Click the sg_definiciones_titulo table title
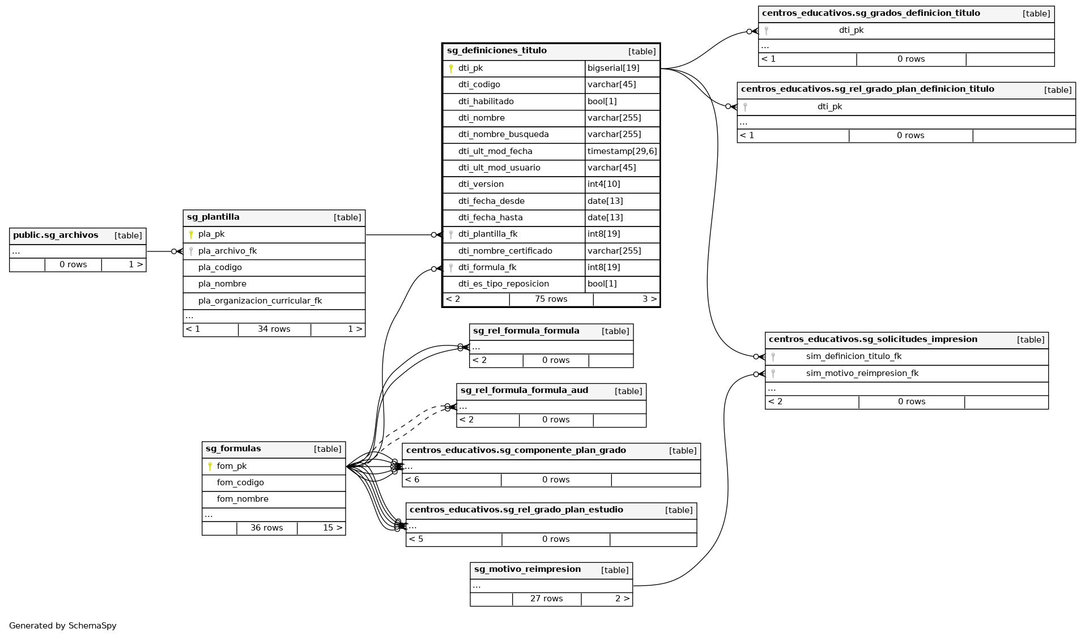click(496, 51)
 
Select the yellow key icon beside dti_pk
click(451, 69)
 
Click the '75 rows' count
click(551, 300)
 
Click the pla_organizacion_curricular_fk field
click(259, 301)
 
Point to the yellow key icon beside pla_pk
click(191, 234)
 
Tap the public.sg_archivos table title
click(56, 236)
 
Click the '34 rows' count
click(274, 330)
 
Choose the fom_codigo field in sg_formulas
click(240, 483)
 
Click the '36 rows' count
click(266, 528)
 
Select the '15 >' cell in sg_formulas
click(333, 528)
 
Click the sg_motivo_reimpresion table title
click(527, 570)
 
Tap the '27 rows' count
click(546, 599)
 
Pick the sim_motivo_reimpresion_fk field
click(862, 374)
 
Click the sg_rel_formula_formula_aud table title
click(524, 391)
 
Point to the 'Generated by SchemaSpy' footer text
click(63, 626)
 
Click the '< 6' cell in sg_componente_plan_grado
click(412, 480)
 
